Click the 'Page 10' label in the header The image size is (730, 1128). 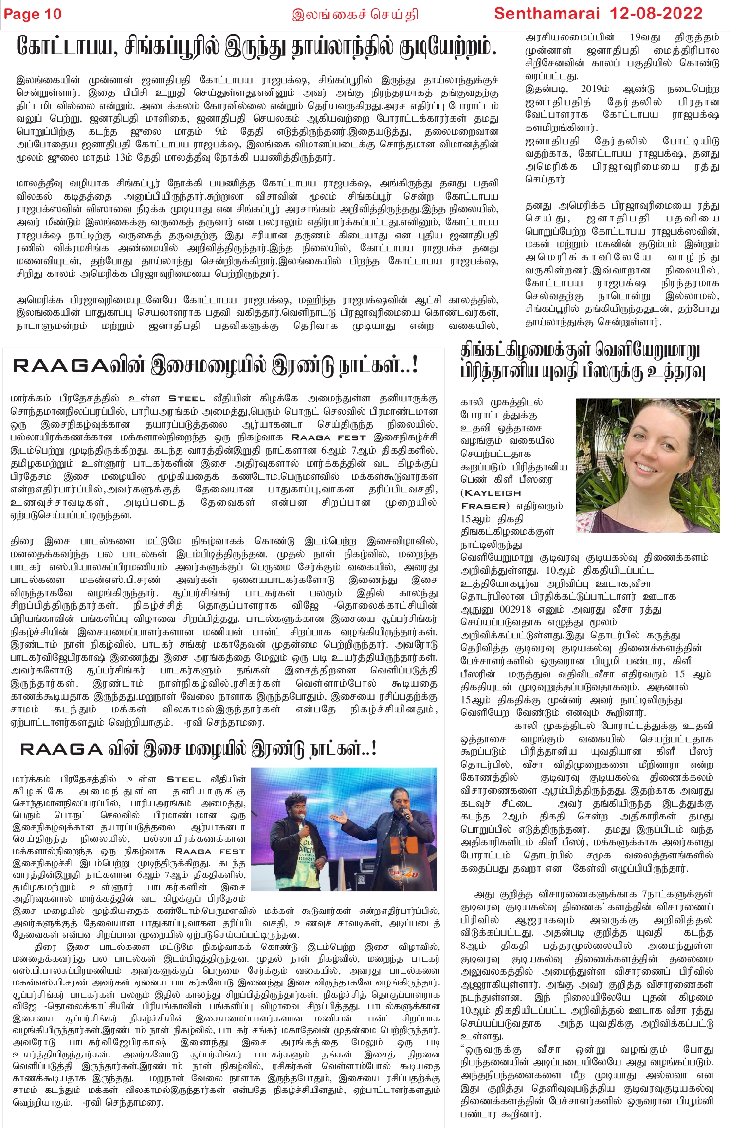(33, 14)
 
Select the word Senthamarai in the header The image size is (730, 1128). (547, 13)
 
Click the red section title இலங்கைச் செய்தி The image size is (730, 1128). (355, 15)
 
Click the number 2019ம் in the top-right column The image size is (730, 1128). (595, 89)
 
